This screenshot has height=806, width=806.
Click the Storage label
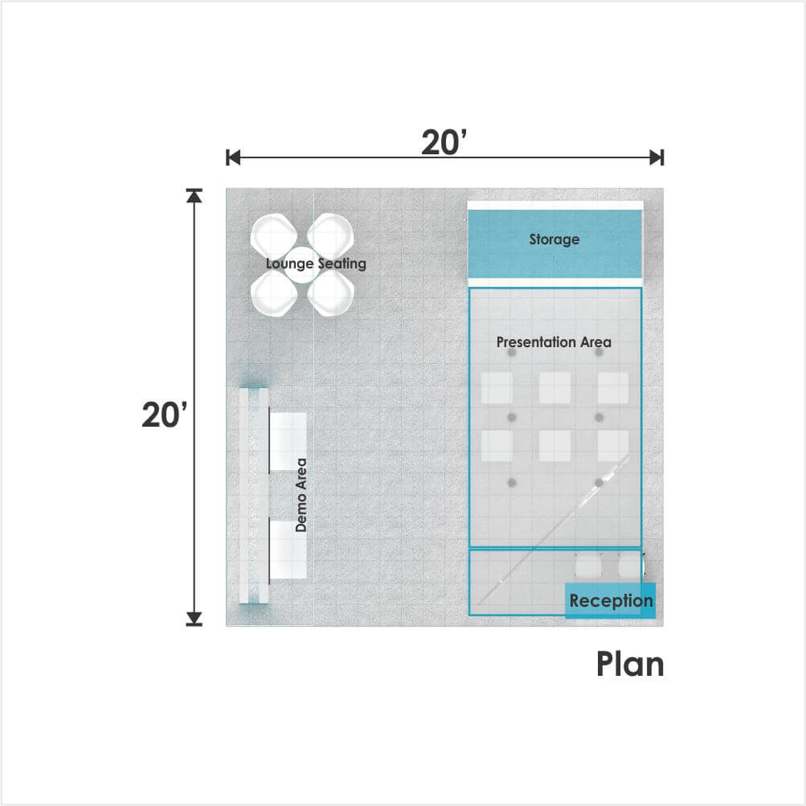[x=554, y=239]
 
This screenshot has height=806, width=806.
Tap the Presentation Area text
[x=554, y=342]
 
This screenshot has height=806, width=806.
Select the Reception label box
[x=611, y=600]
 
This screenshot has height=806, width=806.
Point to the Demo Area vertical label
[x=301, y=495]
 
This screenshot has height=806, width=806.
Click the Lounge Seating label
[x=316, y=264]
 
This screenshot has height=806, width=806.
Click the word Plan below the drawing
[x=630, y=664]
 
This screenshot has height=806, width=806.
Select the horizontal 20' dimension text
[x=444, y=142]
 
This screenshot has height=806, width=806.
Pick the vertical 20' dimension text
[x=165, y=415]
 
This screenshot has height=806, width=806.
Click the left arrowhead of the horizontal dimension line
[x=233, y=158]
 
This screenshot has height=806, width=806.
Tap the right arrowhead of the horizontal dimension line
[x=657, y=158]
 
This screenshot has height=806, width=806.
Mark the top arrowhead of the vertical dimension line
[x=194, y=196]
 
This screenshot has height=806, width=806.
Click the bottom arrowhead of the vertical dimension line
[x=194, y=619]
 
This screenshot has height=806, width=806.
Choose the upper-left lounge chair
[x=274, y=235]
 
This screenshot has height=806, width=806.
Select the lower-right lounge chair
[x=330, y=293]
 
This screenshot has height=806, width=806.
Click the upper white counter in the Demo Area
[x=288, y=441]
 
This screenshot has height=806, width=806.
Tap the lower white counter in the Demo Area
[x=288, y=550]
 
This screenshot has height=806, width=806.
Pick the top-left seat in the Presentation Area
[x=497, y=388]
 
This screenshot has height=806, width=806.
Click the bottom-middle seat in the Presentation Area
[x=554, y=446]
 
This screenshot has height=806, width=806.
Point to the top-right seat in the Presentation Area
[x=612, y=388]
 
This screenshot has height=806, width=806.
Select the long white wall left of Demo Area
[x=253, y=496]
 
